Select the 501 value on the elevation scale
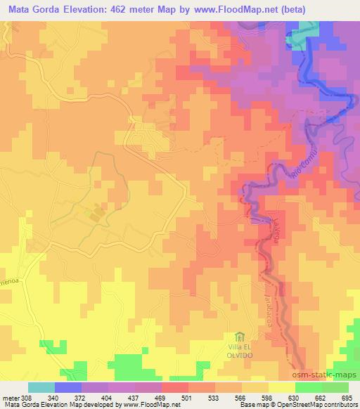click(x=188, y=398)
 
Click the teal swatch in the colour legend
click(x=41, y=387)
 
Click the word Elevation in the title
click(x=91, y=10)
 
